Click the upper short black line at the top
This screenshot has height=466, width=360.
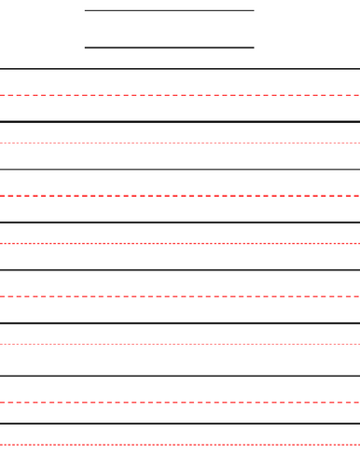pos(169,11)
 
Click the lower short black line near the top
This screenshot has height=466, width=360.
pos(169,48)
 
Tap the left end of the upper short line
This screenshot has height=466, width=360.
pos(86,11)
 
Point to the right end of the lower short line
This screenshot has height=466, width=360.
pos(253,48)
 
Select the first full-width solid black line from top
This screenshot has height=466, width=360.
pos(180,69)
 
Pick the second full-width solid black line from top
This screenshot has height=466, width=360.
pos(180,121)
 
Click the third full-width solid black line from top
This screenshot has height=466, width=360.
pos(180,170)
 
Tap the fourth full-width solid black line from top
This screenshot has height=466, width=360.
pos(180,223)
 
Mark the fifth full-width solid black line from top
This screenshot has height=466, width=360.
pos(180,270)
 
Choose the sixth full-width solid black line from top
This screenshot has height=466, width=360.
pos(180,323)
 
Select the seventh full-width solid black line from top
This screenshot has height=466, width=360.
pos(180,377)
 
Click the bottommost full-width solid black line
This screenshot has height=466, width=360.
pos(180,424)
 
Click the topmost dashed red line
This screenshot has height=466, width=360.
pos(180,95)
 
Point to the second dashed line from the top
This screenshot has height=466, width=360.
pos(180,144)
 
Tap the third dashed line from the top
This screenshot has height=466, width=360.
pos(180,196)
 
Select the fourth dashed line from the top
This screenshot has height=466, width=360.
pos(180,244)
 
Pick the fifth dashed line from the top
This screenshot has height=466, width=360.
pos(180,296)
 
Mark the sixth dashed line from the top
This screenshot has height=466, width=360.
pos(180,345)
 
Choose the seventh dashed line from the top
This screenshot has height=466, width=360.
pos(180,403)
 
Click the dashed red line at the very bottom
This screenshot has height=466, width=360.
pos(180,445)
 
